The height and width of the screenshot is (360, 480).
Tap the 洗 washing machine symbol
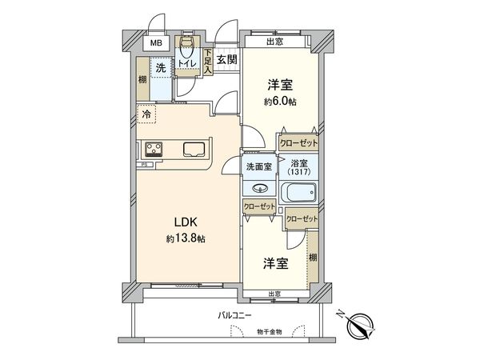pos(162,70)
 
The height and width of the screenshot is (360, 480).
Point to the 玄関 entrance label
pos(226,59)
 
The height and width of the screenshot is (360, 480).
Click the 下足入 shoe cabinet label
pos(206,62)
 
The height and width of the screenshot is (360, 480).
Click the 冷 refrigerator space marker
pos(146,114)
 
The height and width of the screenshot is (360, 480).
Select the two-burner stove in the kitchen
pos(154,149)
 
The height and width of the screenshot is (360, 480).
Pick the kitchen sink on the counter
pos(194,149)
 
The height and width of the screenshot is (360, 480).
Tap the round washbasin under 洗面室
pos(259,189)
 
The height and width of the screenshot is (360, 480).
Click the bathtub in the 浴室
pos(300,193)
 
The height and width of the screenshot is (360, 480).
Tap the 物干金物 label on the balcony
pos(270,332)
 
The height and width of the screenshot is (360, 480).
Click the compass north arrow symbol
pos(361,323)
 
